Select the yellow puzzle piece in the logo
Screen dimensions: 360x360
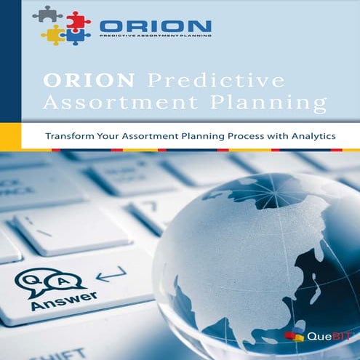point(53,34)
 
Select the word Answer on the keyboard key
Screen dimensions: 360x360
point(55,300)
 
